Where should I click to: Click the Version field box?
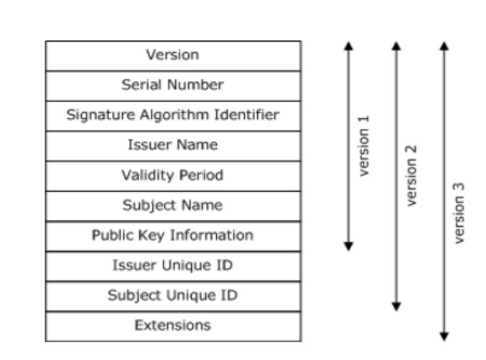click(x=173, y=56)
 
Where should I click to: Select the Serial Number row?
click(x=173, y=86)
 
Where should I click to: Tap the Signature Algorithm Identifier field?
click(x=173, y=116)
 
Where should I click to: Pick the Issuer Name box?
click(x=173, y=146)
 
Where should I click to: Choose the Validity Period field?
click(x=173, y=176)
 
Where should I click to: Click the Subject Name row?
click(x=173, y=206)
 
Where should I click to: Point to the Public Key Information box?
click(x=173, y=236)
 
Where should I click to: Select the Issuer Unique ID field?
click(x=173, y=266)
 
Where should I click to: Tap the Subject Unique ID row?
click(x=173, y=296)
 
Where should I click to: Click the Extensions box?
click(x=173, y=327)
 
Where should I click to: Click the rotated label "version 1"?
click(x=364, y=146)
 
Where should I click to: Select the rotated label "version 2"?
click(x=411, y=175)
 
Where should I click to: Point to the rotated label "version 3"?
click(x=459, y=213)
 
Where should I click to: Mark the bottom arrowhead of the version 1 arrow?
click(x=349, y=246)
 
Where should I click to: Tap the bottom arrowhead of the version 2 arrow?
click(x=396, y=306)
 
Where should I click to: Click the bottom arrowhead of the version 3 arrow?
click(x=444, y=337)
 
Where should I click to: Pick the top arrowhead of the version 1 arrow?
click(x=349, y=46)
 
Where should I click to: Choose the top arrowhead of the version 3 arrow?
click(x=444, y=46)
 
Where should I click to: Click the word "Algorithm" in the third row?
click(x=174, y=116)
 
